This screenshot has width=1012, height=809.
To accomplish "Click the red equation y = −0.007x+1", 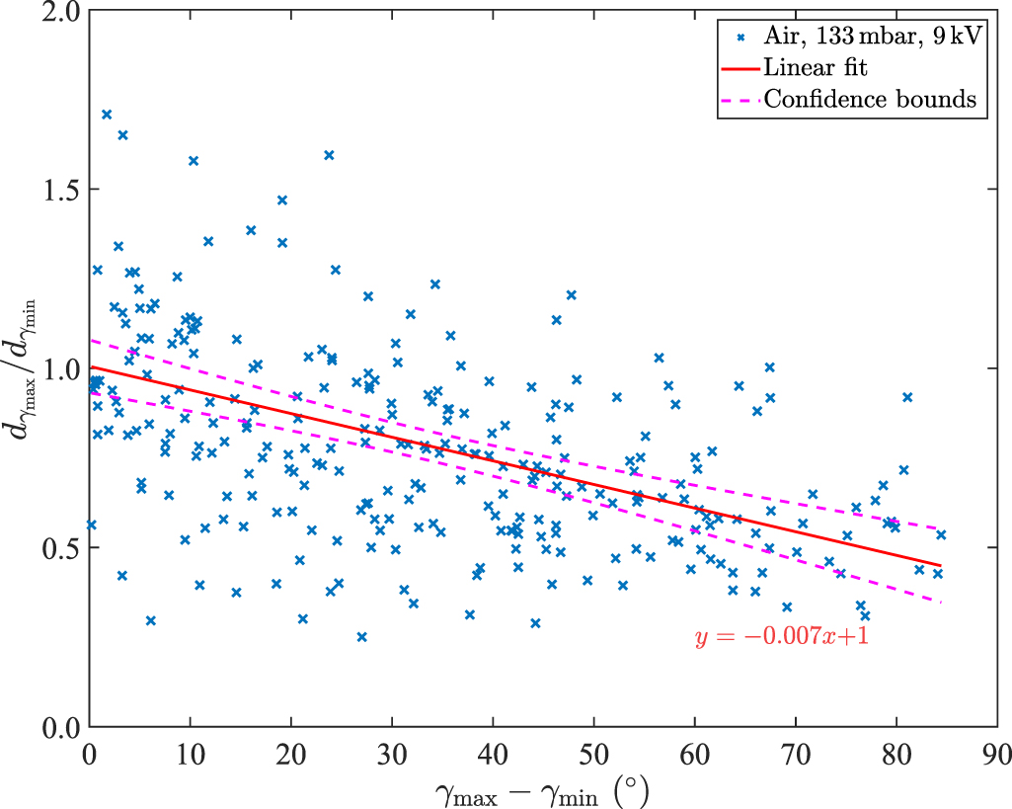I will point(781,638).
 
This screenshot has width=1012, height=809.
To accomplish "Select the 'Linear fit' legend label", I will point(816,68).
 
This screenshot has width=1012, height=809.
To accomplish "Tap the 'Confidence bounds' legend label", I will point(871,100).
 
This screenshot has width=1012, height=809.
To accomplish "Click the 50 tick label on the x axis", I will point(593,753).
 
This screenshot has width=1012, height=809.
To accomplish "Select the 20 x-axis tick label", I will point(291,753).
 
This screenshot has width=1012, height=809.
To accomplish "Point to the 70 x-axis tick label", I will point(795,753).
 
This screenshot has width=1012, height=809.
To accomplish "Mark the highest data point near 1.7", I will point(107,115).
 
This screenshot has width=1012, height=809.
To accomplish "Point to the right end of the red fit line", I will point(941,565).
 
